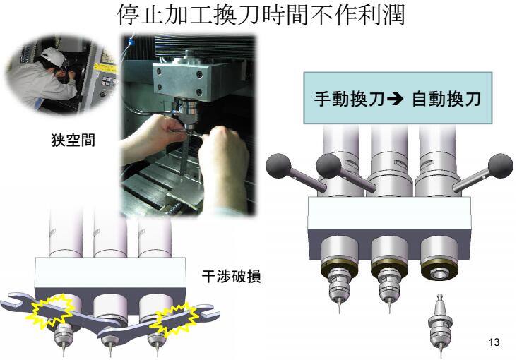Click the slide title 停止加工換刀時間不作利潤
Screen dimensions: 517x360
tap(261, 15)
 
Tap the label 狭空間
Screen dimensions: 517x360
tap(73, 140)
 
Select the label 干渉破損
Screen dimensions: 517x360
tap(232, 276)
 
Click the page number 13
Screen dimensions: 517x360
tap(494, 342)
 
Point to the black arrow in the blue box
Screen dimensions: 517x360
tap(395, 99)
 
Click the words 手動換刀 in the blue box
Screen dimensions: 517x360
tap(349, 99)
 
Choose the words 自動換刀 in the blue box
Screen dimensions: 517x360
tap(446, 99)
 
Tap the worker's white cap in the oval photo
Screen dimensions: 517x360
tap(53, 55)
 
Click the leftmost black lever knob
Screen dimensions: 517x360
tap(278, 166)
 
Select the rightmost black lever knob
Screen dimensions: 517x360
tap(501, 166)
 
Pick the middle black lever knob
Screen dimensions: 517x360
tap(328, 166)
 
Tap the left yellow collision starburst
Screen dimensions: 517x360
tap(50, 311)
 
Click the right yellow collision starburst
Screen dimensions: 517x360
tap(174, 320)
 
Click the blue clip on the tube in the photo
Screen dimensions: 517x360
tap(131, 42)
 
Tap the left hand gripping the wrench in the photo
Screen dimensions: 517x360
tap(158, 133)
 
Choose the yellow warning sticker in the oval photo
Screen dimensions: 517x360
tap(105, 68)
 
